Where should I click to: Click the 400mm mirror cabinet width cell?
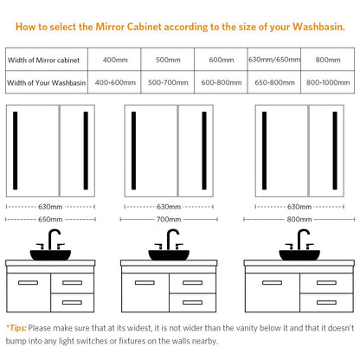(x=115, y=60)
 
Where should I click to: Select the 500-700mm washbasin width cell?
(x=168, y=82)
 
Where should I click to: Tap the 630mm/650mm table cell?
(x=274, y=60)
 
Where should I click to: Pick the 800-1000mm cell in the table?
(x=328, y=82)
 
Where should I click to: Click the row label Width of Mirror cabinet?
(x=43, y=60)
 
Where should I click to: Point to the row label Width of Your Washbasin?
(x=47, y=83)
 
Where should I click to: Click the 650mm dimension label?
(x=50, y=219)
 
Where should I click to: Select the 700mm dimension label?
(x=169, y=219)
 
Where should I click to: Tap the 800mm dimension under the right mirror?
(x=299, y=219)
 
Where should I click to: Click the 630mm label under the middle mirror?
(x=169, y=207)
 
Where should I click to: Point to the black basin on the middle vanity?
(x=169, y=255)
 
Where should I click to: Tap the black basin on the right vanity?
(x=299, y=255)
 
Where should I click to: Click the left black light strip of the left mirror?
(x=16, y=151)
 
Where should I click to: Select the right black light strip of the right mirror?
(x=335, y=151)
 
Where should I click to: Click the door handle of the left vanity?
(x=28, y=283)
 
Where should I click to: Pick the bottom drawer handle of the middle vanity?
(x=192, y=302)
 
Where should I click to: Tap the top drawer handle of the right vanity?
(x=326, y=283)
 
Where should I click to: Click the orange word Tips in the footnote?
(x=16, y=328)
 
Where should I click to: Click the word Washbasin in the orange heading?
(x=318, y=27)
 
